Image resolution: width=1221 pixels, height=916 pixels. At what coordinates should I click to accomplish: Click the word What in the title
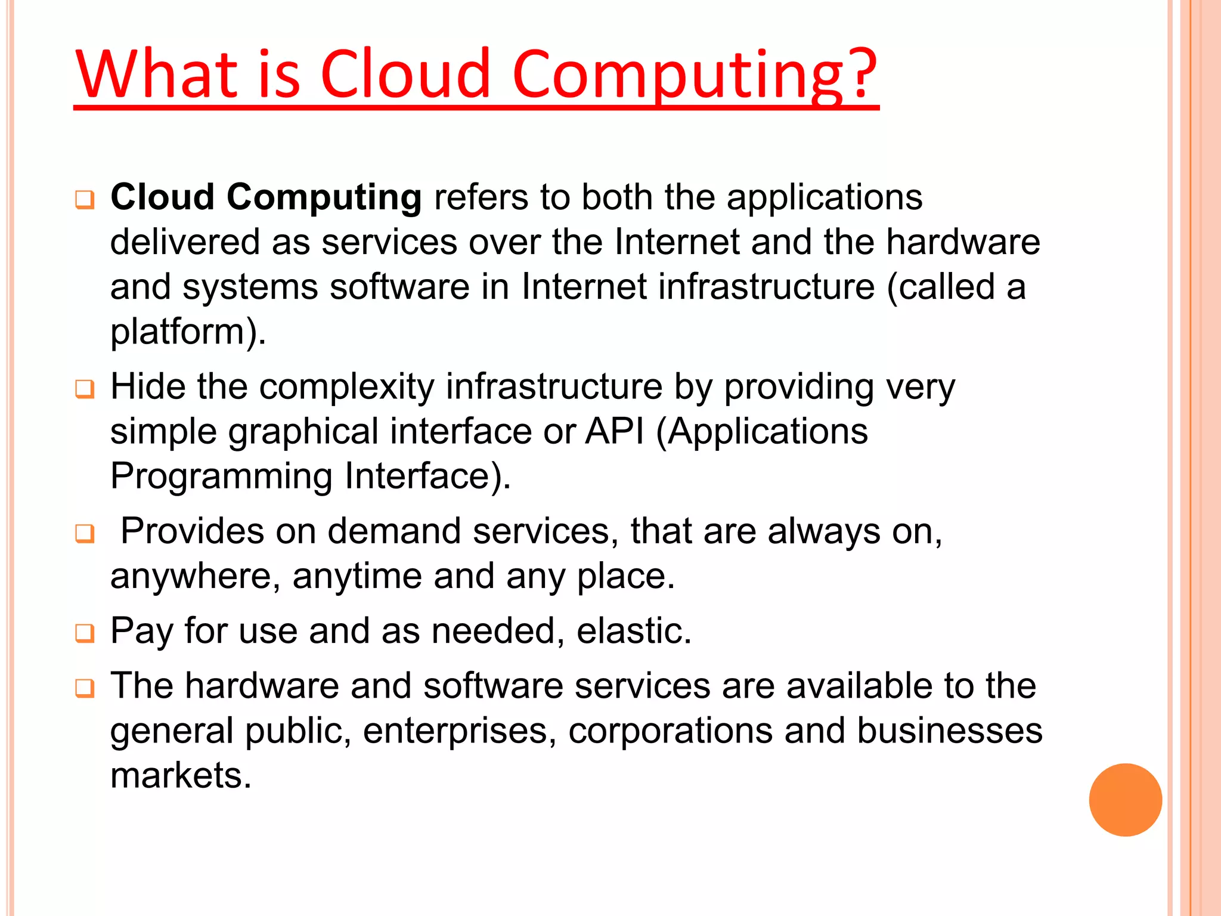157,74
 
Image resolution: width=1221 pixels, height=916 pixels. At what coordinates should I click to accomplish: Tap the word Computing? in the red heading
695,75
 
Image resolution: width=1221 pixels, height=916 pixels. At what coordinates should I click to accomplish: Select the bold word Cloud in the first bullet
163,197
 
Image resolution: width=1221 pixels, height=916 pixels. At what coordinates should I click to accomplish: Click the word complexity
347,386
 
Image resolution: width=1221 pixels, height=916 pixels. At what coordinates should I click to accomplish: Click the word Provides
192,531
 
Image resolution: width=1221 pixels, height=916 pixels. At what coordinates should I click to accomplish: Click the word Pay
141,631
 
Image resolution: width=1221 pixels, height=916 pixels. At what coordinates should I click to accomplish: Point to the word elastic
633,631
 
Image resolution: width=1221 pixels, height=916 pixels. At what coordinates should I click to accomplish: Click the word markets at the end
181,775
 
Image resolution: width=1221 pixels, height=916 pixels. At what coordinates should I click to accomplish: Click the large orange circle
1125,800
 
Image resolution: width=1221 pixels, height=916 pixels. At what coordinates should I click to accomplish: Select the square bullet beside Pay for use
85,633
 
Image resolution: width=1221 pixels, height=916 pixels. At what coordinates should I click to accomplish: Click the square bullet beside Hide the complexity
85,389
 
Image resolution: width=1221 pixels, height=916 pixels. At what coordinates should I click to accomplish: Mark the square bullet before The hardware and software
85,688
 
